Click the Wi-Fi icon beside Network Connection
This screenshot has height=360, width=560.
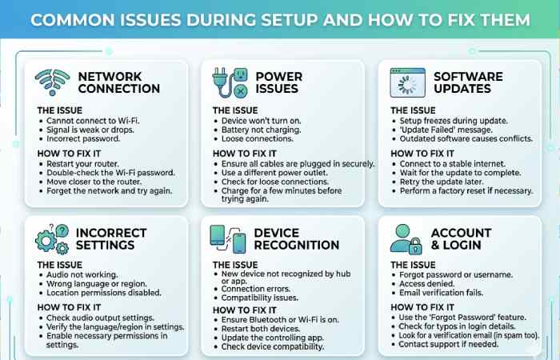54,82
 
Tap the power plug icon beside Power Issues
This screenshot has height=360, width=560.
229,82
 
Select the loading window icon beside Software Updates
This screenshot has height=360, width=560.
406,82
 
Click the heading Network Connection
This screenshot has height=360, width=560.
118,82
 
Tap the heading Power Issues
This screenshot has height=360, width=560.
278,82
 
